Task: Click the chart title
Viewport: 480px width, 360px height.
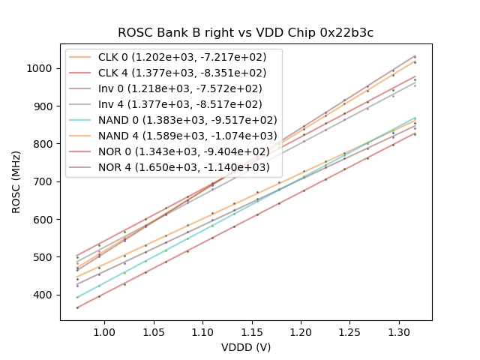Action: coord(245,33)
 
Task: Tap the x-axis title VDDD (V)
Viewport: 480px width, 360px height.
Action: coord(245,347)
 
